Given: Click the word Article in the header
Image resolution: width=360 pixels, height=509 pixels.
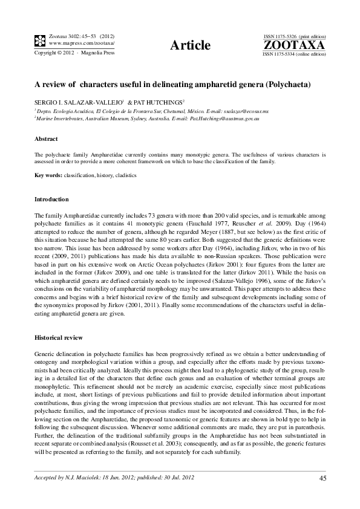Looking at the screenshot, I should (191, 45).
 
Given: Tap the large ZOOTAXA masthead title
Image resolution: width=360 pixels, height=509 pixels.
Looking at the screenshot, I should (294, 45).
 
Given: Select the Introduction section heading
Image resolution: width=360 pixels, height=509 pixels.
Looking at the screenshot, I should (51, 199).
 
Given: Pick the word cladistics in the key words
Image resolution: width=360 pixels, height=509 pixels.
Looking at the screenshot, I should (125, 175).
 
